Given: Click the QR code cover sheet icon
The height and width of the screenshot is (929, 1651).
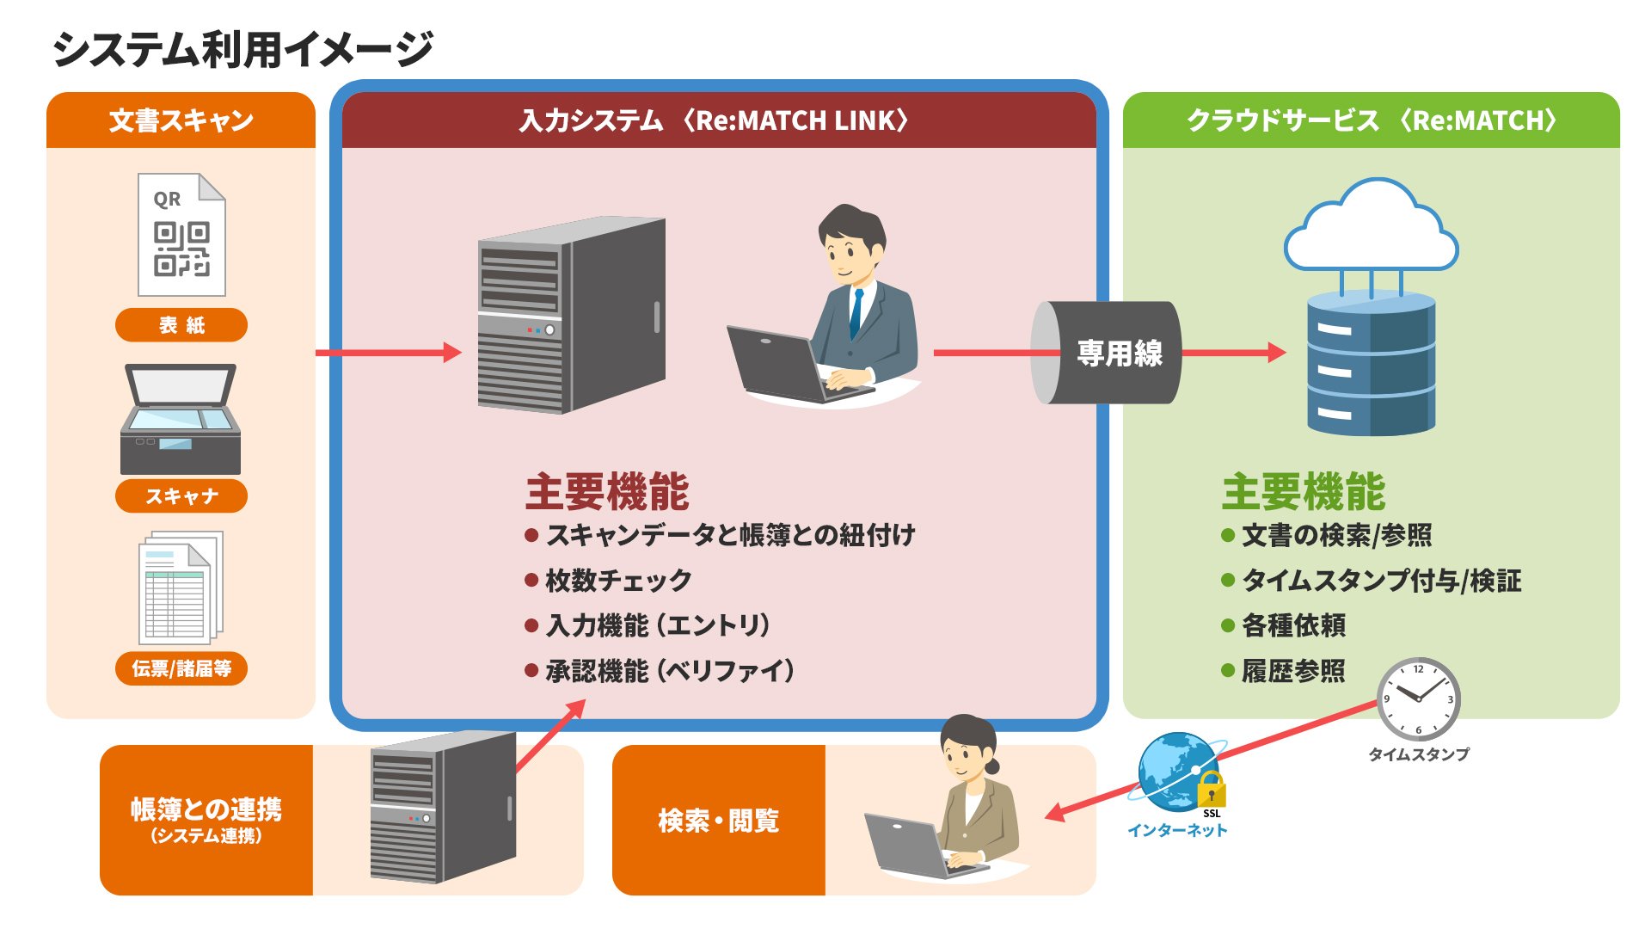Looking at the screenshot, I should point(181,235).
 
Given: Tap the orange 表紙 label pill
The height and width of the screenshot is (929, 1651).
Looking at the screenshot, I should point(181,325).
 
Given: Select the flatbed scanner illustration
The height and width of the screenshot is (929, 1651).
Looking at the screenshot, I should point(181,419).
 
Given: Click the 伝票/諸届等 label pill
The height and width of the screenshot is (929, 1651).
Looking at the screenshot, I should point(181,668).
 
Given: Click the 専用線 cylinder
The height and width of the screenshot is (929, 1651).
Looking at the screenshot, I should point(1107,353).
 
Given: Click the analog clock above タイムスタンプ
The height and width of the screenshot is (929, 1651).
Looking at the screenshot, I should point(1418,698).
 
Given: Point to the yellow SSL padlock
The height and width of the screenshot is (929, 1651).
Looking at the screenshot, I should point(1211,789).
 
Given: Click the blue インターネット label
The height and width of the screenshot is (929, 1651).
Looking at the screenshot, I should point(1177,830).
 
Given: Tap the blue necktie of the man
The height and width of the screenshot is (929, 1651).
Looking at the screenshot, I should point(856,313).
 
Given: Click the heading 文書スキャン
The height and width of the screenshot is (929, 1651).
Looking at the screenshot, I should point(181,120).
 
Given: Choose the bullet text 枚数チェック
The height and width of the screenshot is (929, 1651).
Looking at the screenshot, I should point(618,581).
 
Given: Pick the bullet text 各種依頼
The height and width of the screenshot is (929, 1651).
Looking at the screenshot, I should point(1293,625).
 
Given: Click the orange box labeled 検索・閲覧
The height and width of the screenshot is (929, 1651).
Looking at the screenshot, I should point(719,821).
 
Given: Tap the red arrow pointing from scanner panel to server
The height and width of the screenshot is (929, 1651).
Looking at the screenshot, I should point(388,353).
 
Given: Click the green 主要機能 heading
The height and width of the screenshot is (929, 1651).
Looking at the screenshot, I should point(1303,492).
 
